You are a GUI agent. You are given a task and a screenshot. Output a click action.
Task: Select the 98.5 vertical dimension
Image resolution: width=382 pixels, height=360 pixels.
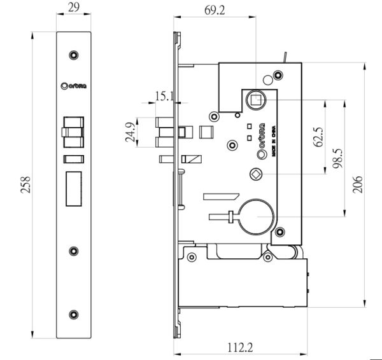[x=338, y=156]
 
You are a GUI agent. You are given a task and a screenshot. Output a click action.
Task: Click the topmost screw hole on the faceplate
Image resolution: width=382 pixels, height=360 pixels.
[x=75, y=55]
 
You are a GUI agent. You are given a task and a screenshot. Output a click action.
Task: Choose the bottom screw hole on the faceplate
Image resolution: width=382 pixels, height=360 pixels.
[x=75, y=314]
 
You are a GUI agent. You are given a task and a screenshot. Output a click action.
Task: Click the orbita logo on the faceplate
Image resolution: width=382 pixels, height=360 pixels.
[x=74, y=86]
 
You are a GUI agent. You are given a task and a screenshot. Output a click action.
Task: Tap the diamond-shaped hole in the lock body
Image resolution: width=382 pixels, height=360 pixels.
[x=256, y=174]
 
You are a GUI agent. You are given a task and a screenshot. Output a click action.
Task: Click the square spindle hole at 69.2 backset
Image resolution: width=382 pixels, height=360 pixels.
[x=256, y=100]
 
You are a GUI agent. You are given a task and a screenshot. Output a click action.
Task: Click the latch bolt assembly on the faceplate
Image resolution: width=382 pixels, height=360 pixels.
[x=74, y=130]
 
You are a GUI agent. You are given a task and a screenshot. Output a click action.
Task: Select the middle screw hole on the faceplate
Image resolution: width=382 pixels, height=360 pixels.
[x=75, y=250]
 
